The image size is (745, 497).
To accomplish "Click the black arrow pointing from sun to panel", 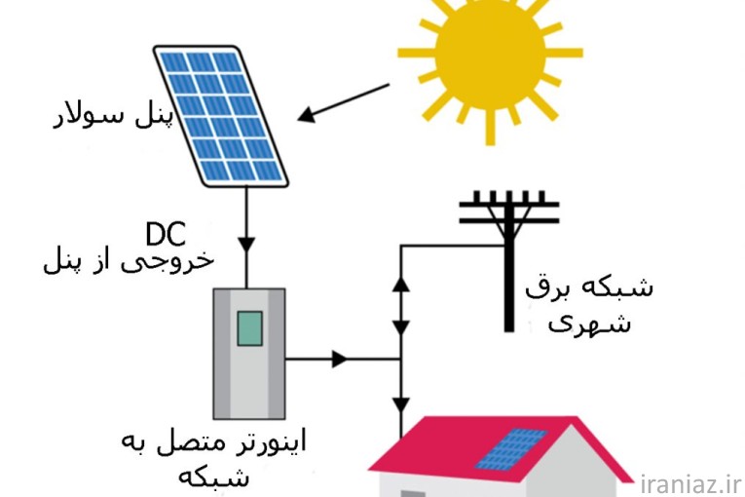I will [x=341, y=103].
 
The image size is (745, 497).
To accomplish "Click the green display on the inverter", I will [x=249, y=327].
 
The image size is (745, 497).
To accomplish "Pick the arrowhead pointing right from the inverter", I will [x=339, y=359].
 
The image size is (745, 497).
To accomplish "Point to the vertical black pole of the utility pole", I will [x=508, y=283].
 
